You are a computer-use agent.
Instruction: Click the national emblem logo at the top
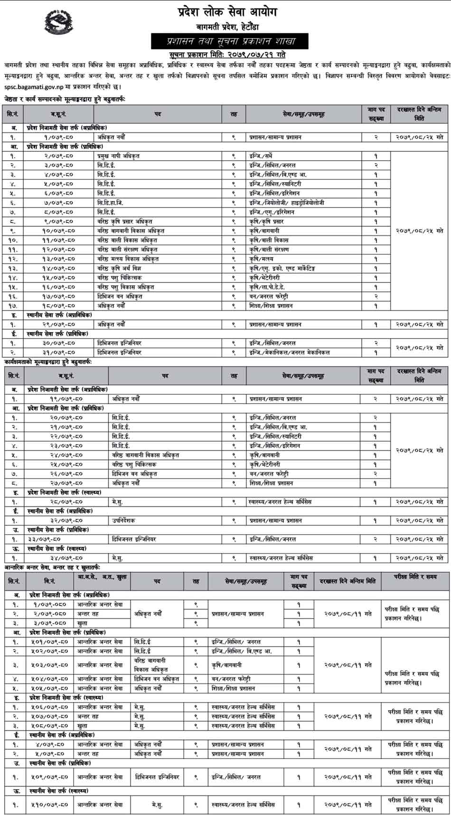pyautogui.click(x=59, y=22)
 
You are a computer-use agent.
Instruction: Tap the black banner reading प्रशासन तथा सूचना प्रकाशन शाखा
pyautogui.click(x=230, y=41)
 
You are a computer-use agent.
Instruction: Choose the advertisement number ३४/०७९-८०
pyautogui.click(x=60, y=558)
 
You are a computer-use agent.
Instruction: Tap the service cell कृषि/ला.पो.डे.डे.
pyautogui.click(x=268, y=287)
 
